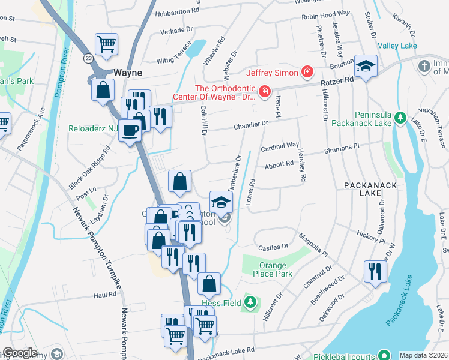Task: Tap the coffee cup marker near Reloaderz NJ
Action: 130,130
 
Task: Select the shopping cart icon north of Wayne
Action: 106,43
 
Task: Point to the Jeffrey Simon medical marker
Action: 307,72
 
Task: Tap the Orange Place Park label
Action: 267,269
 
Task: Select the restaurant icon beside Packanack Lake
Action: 375,270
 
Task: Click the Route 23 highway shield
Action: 88,58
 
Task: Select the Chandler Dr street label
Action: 247,125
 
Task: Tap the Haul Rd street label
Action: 104,295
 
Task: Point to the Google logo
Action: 20,352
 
